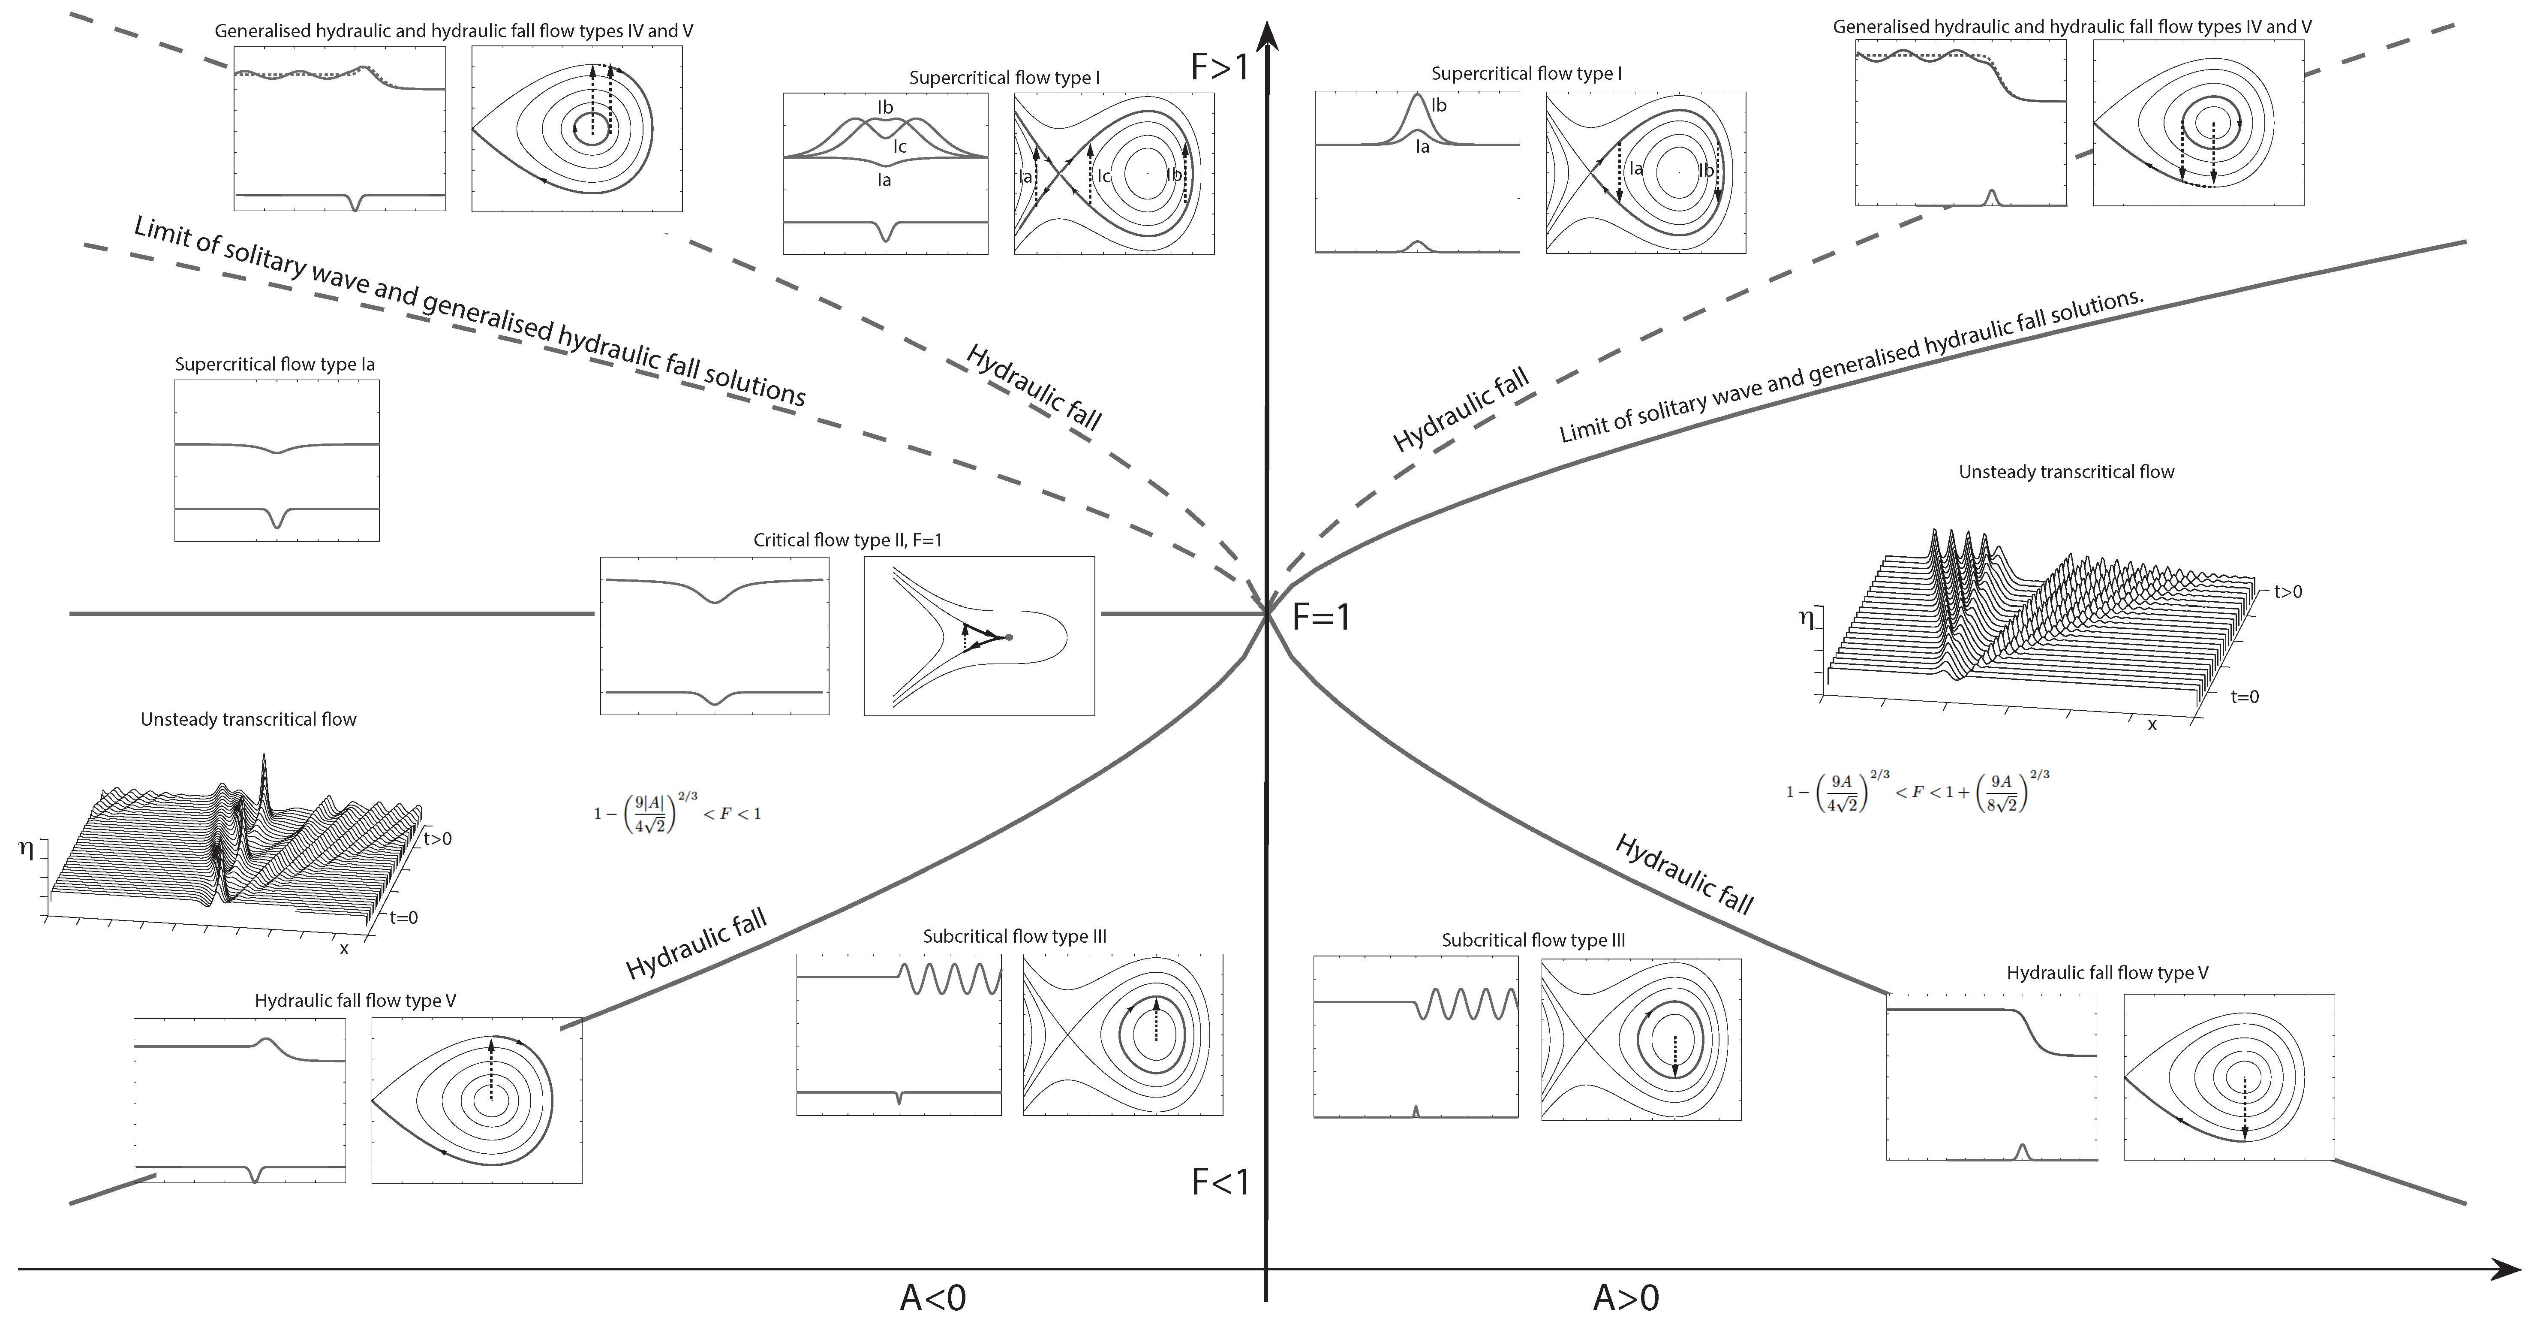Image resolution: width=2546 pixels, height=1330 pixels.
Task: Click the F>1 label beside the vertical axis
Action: click(x=1220, y=66)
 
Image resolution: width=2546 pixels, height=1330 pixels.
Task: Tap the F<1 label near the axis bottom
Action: click(x=1220, y=1182)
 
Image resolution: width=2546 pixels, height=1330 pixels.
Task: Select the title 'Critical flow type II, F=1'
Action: click(x=847, y=540)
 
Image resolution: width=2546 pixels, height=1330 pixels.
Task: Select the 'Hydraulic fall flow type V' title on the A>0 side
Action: click(x=2106, y=973)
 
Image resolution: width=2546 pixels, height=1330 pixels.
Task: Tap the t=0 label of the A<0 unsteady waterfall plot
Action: click(x=403, y=918)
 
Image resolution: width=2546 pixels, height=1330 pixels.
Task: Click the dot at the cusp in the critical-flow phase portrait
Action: click(x=1008, y=637)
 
